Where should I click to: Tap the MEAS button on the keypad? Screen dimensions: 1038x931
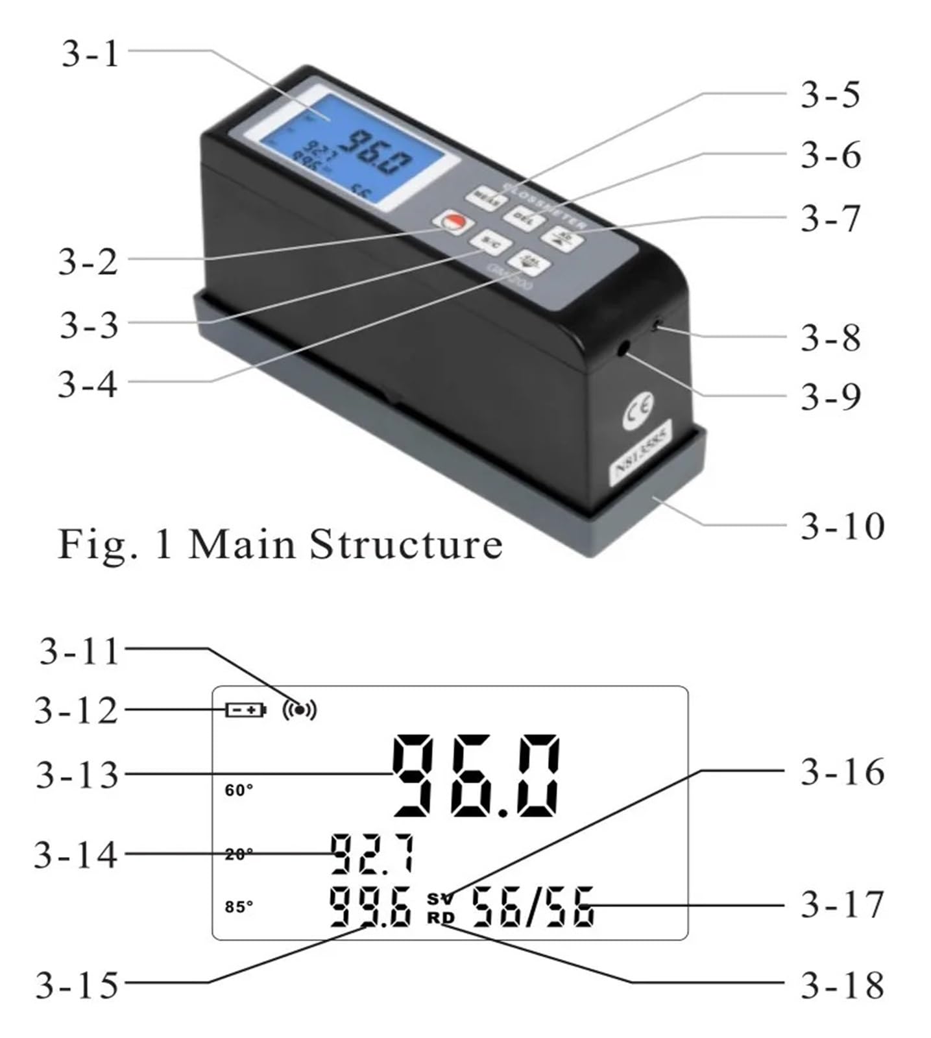click(x=489, y=197)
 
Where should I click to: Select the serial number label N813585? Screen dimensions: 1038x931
click(x=642, y=456)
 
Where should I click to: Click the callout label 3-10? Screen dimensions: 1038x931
click(x=842, y=525)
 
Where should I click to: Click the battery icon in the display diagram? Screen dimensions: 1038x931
click(x=245, y=710)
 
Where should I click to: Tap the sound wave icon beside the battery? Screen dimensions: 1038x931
click(x=300, y=710)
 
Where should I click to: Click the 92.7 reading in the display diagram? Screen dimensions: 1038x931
click(x=372, y=854)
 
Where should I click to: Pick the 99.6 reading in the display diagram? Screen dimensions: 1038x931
click(x=370, y=906)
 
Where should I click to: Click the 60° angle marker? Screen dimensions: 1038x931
click(x=239, y=790)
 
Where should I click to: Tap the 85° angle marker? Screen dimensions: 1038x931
click(x=239, y=906)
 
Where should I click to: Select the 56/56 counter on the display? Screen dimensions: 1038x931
click(x=532, y=907)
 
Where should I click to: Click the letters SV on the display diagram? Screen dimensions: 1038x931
click(x=441, y=899)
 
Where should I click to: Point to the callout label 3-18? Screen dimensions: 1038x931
click(x=842, y=985)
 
